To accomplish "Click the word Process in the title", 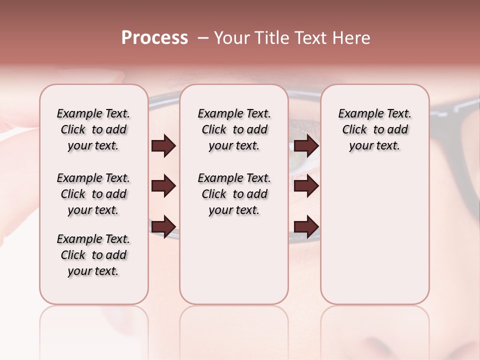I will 154,38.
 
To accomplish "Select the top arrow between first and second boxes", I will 163,146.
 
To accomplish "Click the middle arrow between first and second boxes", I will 163,186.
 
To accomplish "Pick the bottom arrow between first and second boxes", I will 163,226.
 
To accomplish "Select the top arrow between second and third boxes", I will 306,146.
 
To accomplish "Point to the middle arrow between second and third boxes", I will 306,186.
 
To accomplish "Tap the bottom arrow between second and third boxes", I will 306,226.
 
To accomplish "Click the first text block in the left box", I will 93,129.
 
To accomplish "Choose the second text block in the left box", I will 93,194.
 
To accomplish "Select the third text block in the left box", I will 93,255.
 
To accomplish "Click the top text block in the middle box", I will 234,129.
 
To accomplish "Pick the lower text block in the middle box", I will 234,194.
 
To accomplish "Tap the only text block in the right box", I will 374,129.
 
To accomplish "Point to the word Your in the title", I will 232,38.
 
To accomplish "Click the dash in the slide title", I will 202,38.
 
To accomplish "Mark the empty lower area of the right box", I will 374,230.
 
